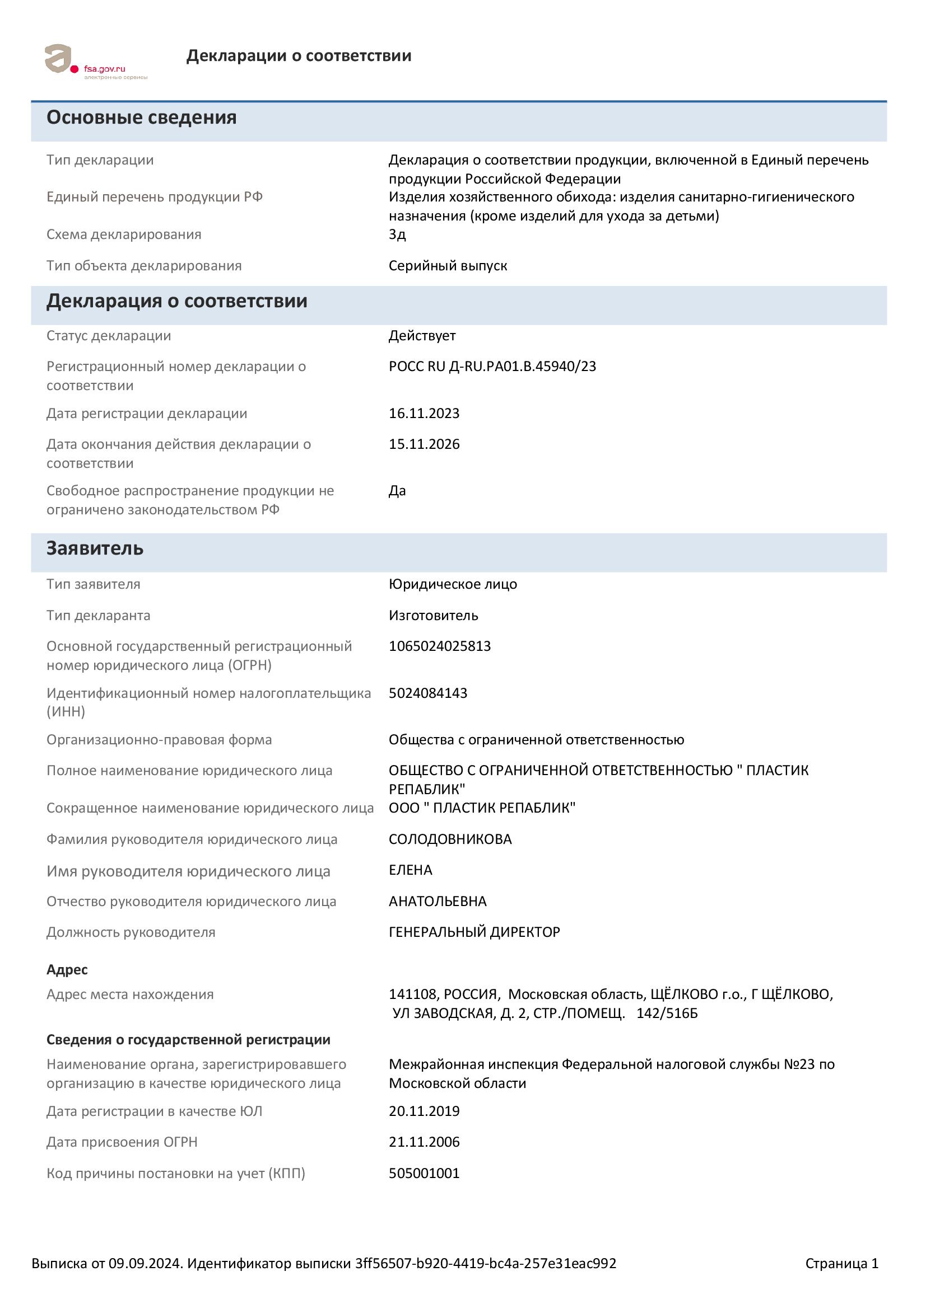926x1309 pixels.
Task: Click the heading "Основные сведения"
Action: (x=142, y=118)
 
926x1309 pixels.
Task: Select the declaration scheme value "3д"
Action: (x=397, y=234)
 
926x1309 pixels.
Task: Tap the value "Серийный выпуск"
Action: (x=448, y=266)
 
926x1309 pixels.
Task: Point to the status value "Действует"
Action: (x=422, y=336)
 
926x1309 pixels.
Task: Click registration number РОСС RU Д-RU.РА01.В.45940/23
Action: (x=492, y=367)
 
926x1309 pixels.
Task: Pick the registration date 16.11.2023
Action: (x=424, y=414)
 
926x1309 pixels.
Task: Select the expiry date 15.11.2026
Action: (x=424, y=444)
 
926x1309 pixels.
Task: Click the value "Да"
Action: (x=397, y=491)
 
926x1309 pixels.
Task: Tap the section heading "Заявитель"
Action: (x=95, y=548)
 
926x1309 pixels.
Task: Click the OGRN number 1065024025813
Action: (x=440, y=646)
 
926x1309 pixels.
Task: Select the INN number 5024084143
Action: (x=428, y=693)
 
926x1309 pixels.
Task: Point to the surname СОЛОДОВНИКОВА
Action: (x=450, y=840)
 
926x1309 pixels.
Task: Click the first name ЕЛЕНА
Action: (x=410, y=871)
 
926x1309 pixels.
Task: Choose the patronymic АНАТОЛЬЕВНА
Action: (x=438, y=902)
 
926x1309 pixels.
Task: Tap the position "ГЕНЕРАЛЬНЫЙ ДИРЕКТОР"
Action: (x=474, y=933)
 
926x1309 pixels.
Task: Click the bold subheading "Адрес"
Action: (x=67, y=970)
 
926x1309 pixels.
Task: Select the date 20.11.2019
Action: (x=424, y=1111)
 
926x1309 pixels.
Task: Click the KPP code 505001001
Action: (x=424, y=1174)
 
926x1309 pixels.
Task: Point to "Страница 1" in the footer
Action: (x=841, y=1264)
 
